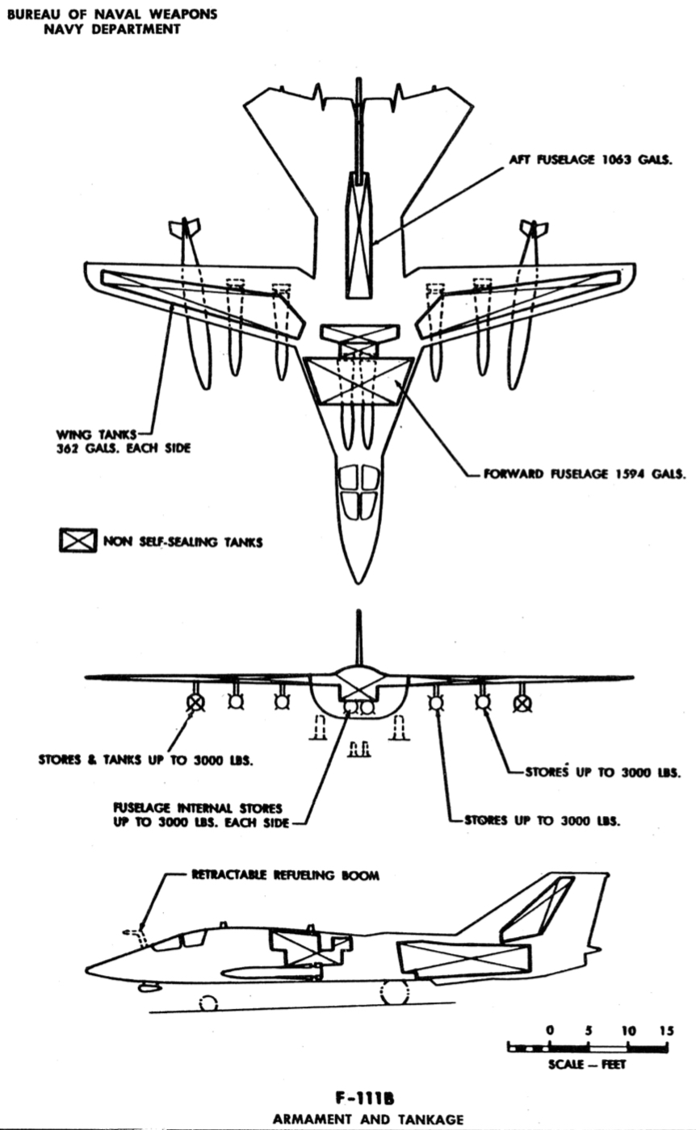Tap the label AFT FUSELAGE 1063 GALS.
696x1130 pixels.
(589, 160)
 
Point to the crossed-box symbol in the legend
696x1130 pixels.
(78, 541)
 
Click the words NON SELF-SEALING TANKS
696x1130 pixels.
(182, 542)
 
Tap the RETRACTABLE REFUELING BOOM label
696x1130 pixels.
(285, 875)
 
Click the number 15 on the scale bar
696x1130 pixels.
(666, 1030)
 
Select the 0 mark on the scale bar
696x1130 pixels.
(550, 1030)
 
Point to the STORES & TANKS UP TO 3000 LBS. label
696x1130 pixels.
(145, 760)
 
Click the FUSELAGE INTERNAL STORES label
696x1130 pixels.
(198, 808)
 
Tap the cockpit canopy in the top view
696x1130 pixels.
(358, 491)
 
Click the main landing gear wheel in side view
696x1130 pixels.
(395, 993)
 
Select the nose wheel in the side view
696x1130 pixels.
(208, 1003)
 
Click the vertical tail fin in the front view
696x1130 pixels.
(358, 638)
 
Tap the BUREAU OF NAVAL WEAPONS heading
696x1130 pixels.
(112, 15)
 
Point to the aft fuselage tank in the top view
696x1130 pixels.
(358, 234)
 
